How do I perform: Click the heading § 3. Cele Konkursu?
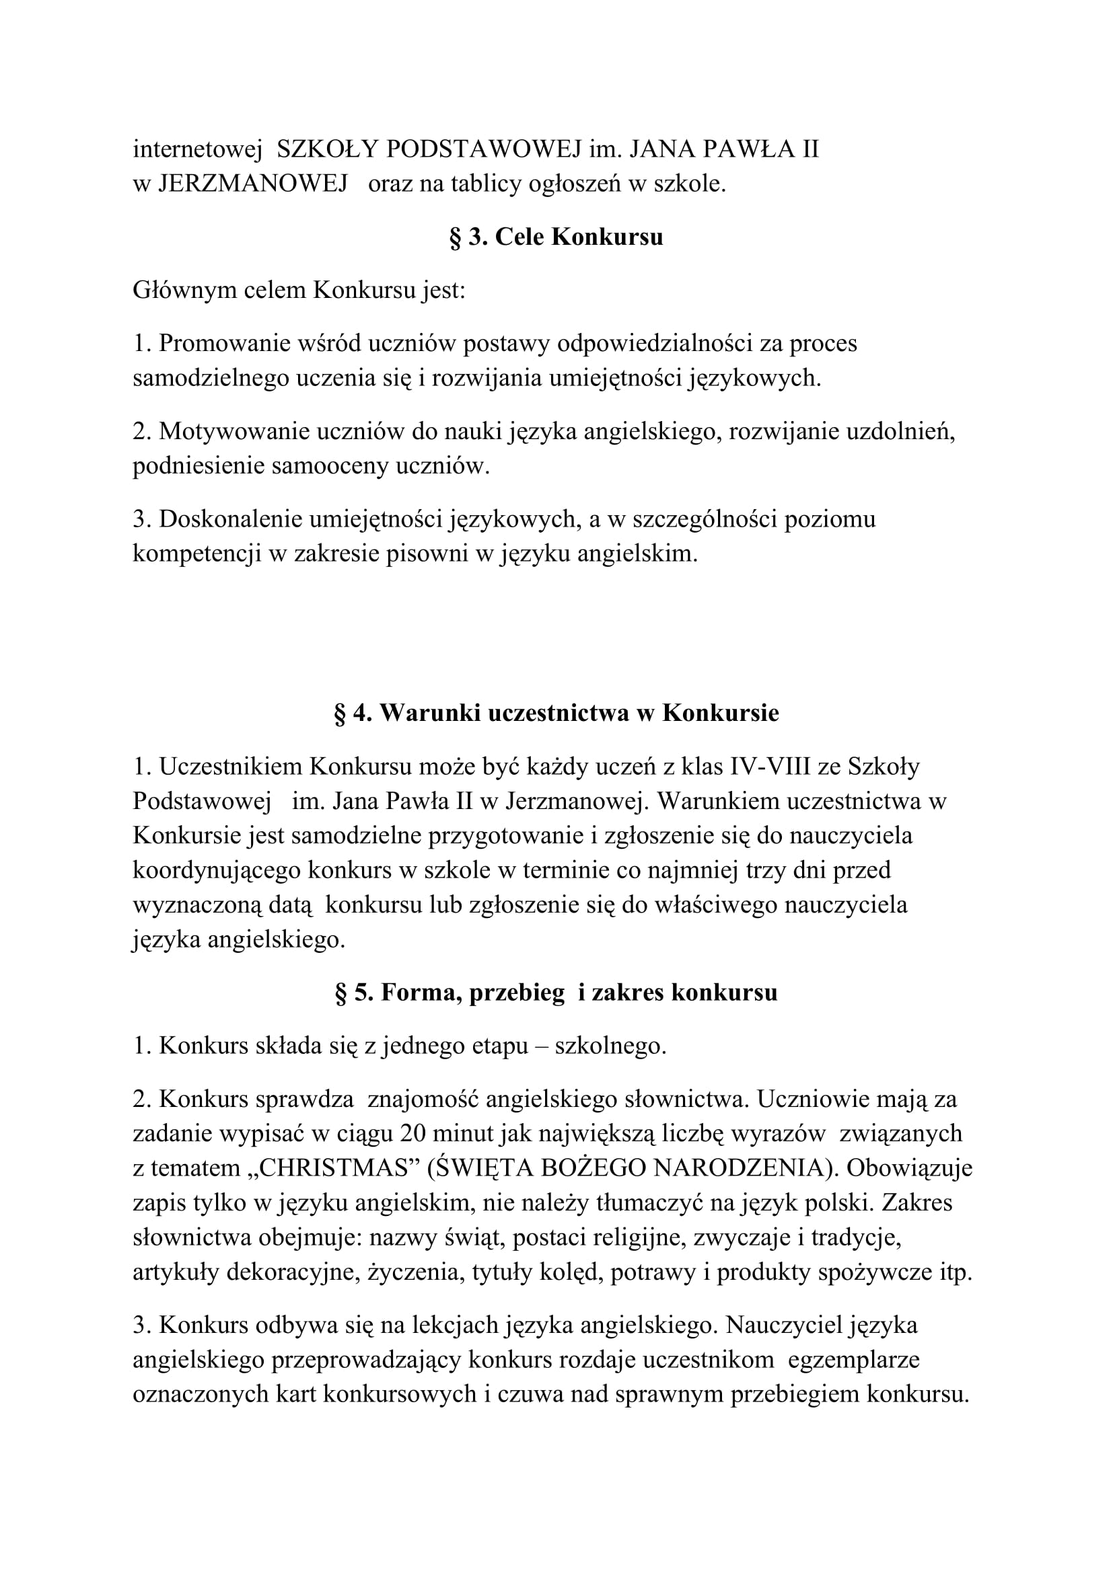[x=556, y=237]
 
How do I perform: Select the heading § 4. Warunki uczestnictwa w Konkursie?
[x=556, y=713]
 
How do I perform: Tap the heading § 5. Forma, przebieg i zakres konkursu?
[x=556, y=993]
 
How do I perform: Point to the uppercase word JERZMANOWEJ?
[x=253, y=184]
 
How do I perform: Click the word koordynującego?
[x=217, y=871]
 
